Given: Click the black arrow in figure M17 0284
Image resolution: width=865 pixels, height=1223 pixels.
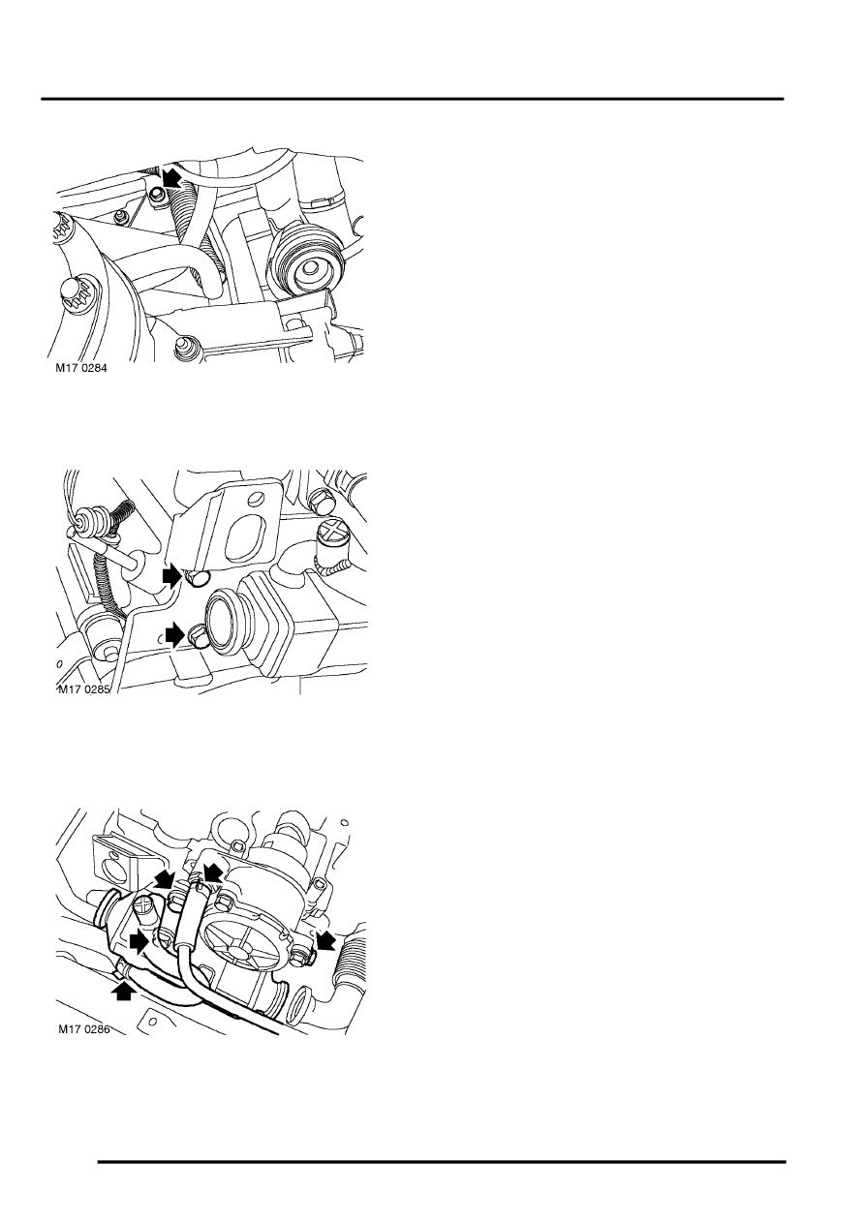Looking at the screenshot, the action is pyautogui.click(x=172, y=177).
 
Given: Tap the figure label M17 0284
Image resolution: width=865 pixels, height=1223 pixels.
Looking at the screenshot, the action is pyautogui.click(x=82, y=369).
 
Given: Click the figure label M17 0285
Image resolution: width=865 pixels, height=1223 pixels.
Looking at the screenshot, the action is pyautogui.click(x=84, y=689).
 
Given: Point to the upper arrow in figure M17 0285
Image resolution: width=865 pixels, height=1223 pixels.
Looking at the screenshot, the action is pyautogui.click(x=173, y=576).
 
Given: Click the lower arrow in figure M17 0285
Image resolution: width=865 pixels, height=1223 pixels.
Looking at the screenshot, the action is pyautogui.click(x=175, y=635).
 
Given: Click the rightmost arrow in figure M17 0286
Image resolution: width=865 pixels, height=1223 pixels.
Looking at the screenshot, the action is pyautogui.click(x=326, y=940).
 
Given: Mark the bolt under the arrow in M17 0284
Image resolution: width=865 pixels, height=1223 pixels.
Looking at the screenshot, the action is pyautogui.click(x=158, y=194).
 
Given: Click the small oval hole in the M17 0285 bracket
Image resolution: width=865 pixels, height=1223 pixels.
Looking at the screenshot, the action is pyautogui.click(x=255, y=499).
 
